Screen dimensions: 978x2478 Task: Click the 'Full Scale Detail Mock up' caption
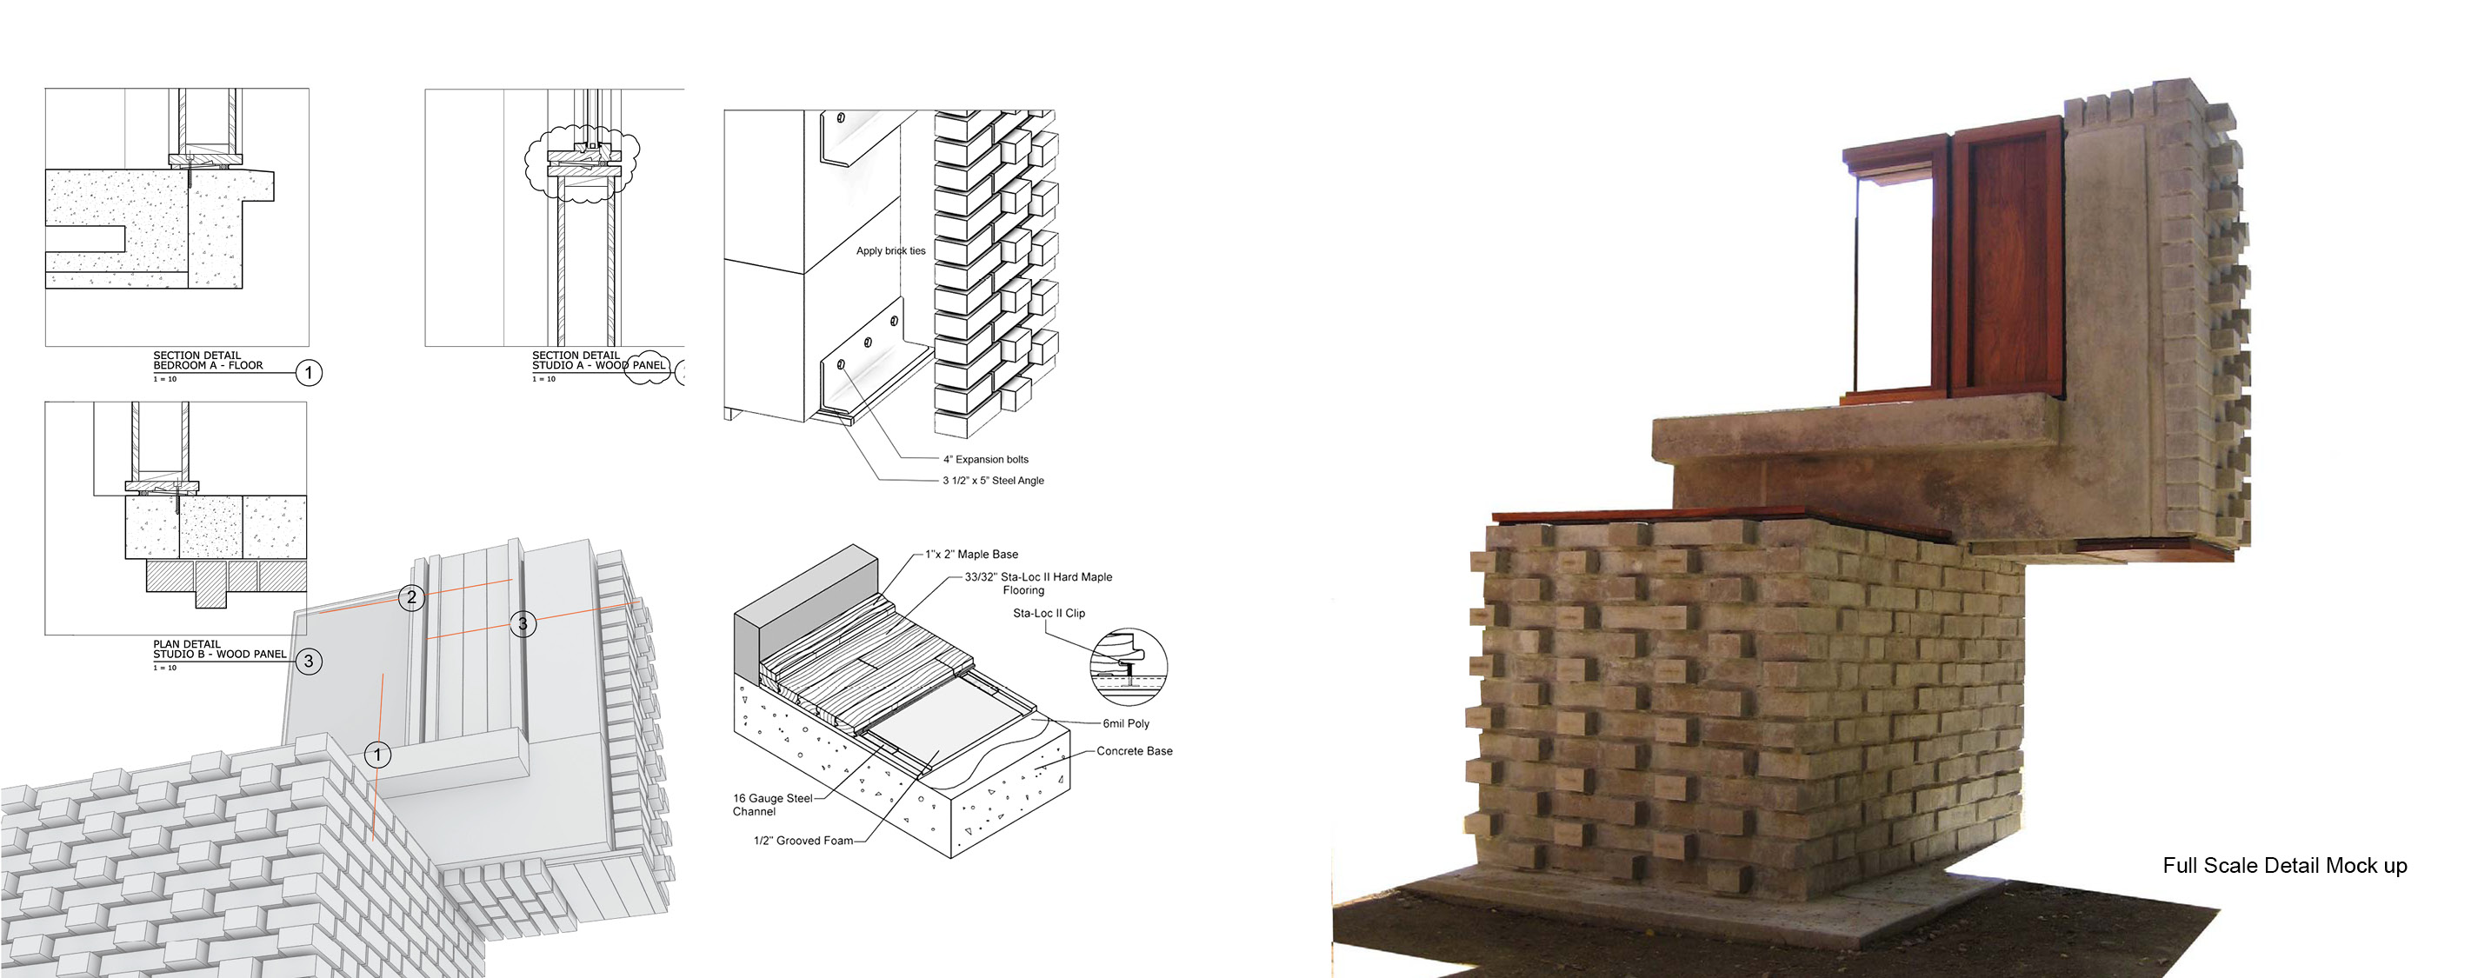[2284, 866]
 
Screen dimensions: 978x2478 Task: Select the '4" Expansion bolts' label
[985, 460]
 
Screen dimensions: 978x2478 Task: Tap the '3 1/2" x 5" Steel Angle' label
[993, 481]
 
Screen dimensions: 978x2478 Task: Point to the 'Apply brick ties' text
[890, 251]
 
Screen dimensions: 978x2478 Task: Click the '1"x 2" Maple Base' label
[971, 555]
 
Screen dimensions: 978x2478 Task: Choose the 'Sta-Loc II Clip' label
[1049, 614]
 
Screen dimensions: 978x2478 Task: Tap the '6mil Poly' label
[1125, 724]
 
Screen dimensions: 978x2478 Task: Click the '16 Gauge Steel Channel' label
[771, 805]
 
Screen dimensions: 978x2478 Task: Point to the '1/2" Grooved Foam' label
[803, 841]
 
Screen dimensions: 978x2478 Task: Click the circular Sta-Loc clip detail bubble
[1129, 667]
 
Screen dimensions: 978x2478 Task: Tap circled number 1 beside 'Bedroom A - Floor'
[309, 372]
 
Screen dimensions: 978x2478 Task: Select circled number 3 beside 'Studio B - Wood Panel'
[309, 662]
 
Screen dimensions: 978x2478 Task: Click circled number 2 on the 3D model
[412, 597]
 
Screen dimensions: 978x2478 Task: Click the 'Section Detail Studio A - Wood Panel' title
[598, 361]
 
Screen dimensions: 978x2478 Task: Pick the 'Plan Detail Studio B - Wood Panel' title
[219, 649]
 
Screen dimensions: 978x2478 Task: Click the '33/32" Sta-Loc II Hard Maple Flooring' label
[1038, 582]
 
